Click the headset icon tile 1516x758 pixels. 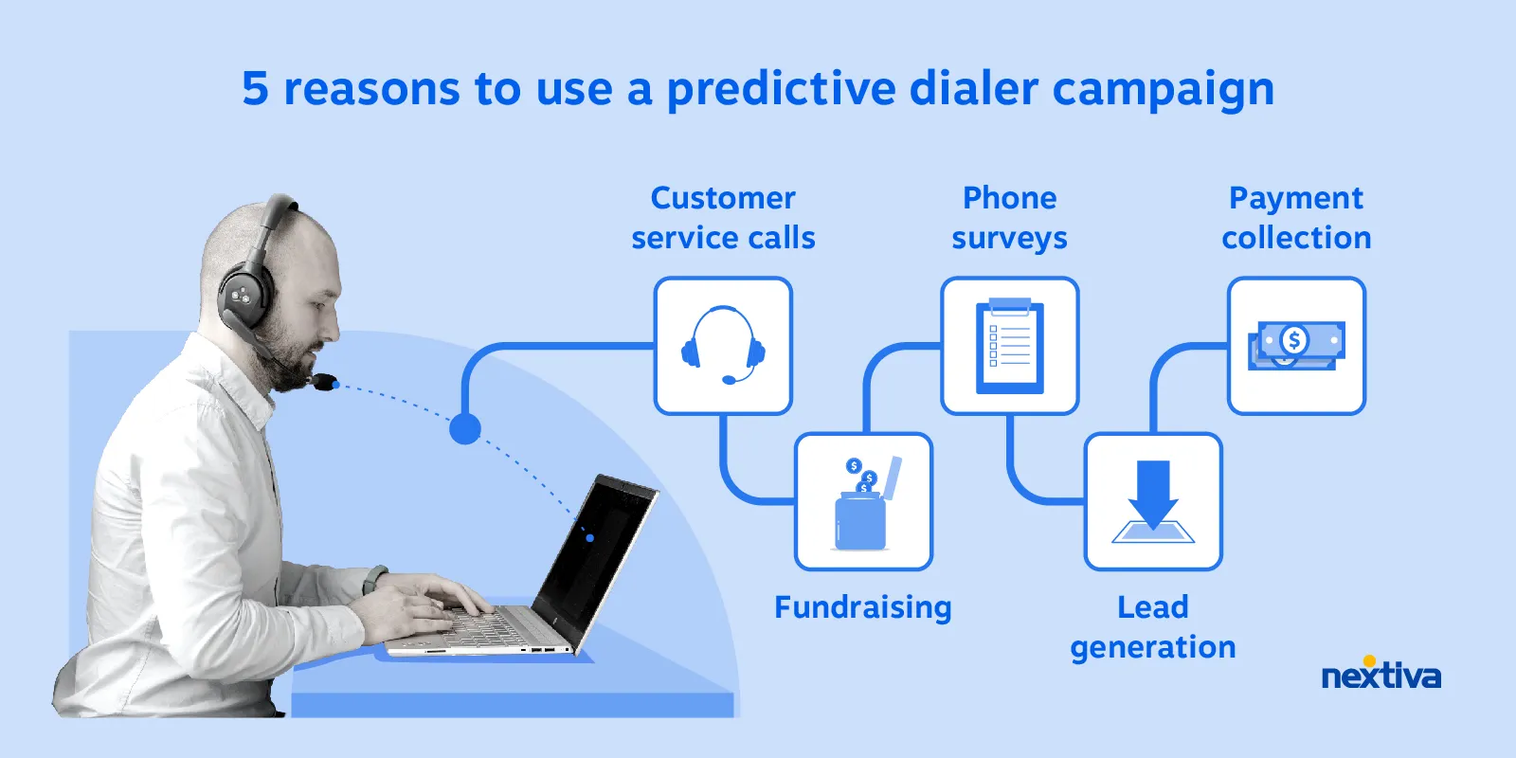pyautogui.click(x=723, y=346)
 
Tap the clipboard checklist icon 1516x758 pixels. pyautogui.click(x=1010, y=346)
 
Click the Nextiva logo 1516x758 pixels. pyautogui.click(x=1381, y=675)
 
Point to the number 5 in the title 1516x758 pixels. pyautogui.click(x=255, y=89)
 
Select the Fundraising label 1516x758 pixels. pyautogui.click(x=862, y=607)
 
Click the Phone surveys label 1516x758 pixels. pyautogui.click(x=1010, y=218)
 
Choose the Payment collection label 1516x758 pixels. pyautogui.click(x=1296, y=218)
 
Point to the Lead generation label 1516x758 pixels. pyautogui.click(x=1153, y=627)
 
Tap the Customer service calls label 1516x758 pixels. pyautogui.click(x=723, y=218)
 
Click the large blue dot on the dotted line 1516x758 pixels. pyautogui.click(x=464, y=429)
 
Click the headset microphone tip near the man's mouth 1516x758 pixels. pyautogui.click(x=324, y=382)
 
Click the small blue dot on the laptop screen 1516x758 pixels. pyautogui.click(x=589, y=538)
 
